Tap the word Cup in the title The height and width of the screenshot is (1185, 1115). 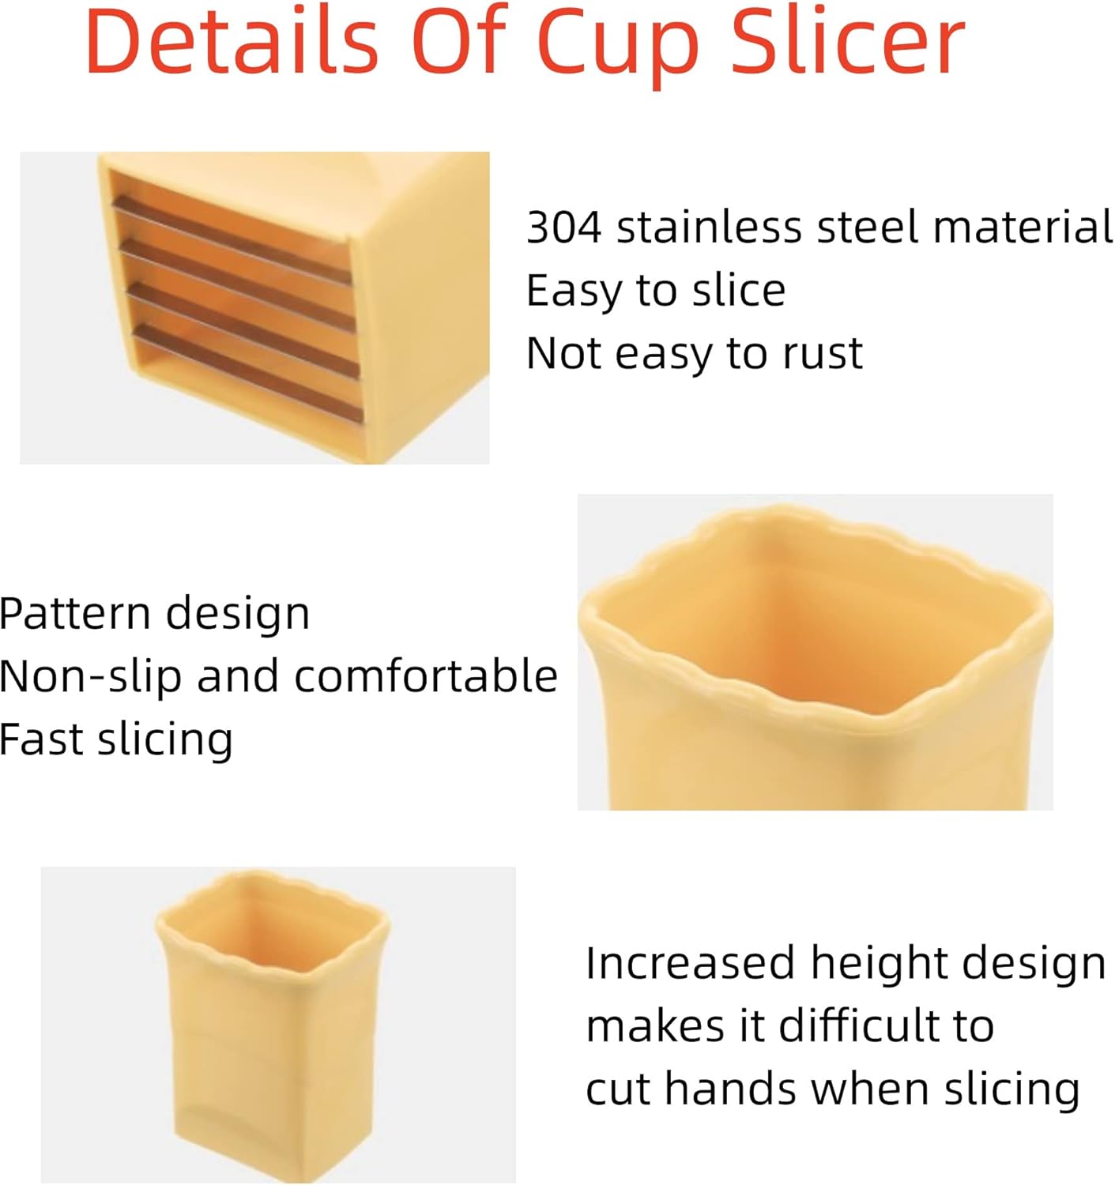pos(618,47)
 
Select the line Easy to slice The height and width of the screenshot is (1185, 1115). pos(656,291)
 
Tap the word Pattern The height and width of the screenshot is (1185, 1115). pos(76,614)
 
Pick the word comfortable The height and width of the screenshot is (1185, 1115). pos(426,677)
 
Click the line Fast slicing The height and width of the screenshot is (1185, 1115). pos(116,740)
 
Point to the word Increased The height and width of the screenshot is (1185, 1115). pos(690,964)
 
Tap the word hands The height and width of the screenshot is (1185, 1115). pos(731,1089)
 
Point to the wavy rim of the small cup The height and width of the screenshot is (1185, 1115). pos(273,889)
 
